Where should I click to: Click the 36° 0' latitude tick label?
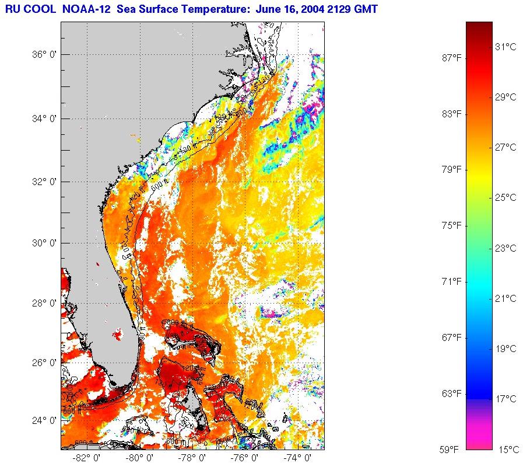(x=43, y=55)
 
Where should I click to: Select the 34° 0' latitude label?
(x=43, y=119)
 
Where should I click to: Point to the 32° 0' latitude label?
(x=43, y=182)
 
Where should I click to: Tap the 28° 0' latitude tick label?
(x=43, y=303)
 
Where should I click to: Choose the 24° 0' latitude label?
(x=43, y=420)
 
